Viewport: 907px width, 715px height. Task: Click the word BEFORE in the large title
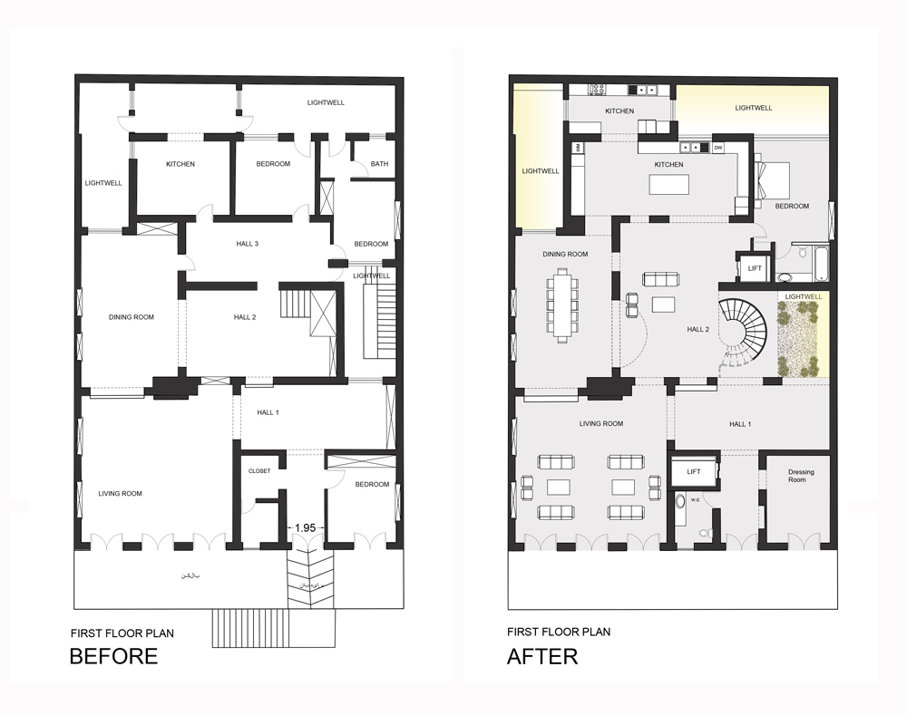pos(113,656)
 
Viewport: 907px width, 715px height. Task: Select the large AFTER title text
pos(542,656)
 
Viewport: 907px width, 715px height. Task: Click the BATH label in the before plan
pos(379,164)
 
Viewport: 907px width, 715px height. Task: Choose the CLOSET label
pos(259,470)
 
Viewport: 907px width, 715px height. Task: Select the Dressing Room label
pos(796,475)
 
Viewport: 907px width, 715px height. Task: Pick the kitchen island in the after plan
pos(668,183)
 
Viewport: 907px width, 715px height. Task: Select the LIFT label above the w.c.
pos(693,472)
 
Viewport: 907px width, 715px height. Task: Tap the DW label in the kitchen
pos(717,147)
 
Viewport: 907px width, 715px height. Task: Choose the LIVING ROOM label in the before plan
pos(121,493)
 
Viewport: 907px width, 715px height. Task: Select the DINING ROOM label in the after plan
pos(565,254)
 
